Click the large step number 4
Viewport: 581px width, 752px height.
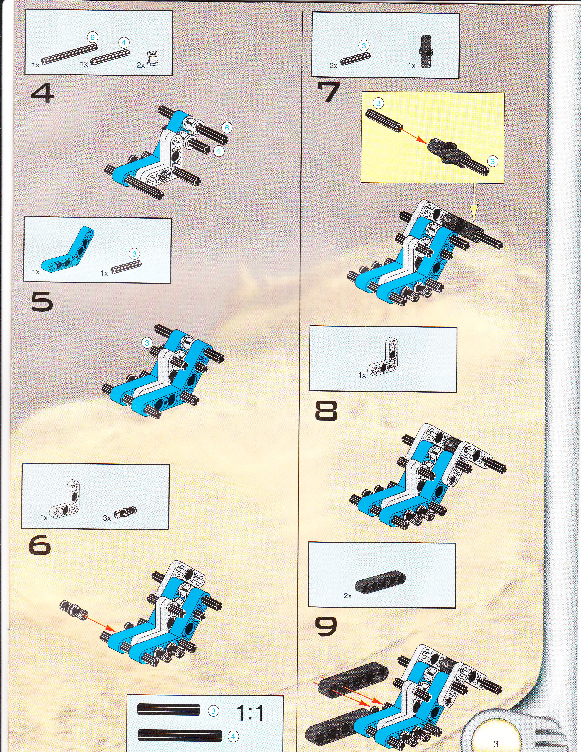point(42,94)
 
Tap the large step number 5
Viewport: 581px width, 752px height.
point(42,302)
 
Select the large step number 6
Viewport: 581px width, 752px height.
point(40,545)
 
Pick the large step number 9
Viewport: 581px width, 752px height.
point(326,626)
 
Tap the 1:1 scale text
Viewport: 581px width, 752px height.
point(250,713)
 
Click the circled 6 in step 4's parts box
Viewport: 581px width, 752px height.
point(92,37)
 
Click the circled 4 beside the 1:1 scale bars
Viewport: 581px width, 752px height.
point(233,736)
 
